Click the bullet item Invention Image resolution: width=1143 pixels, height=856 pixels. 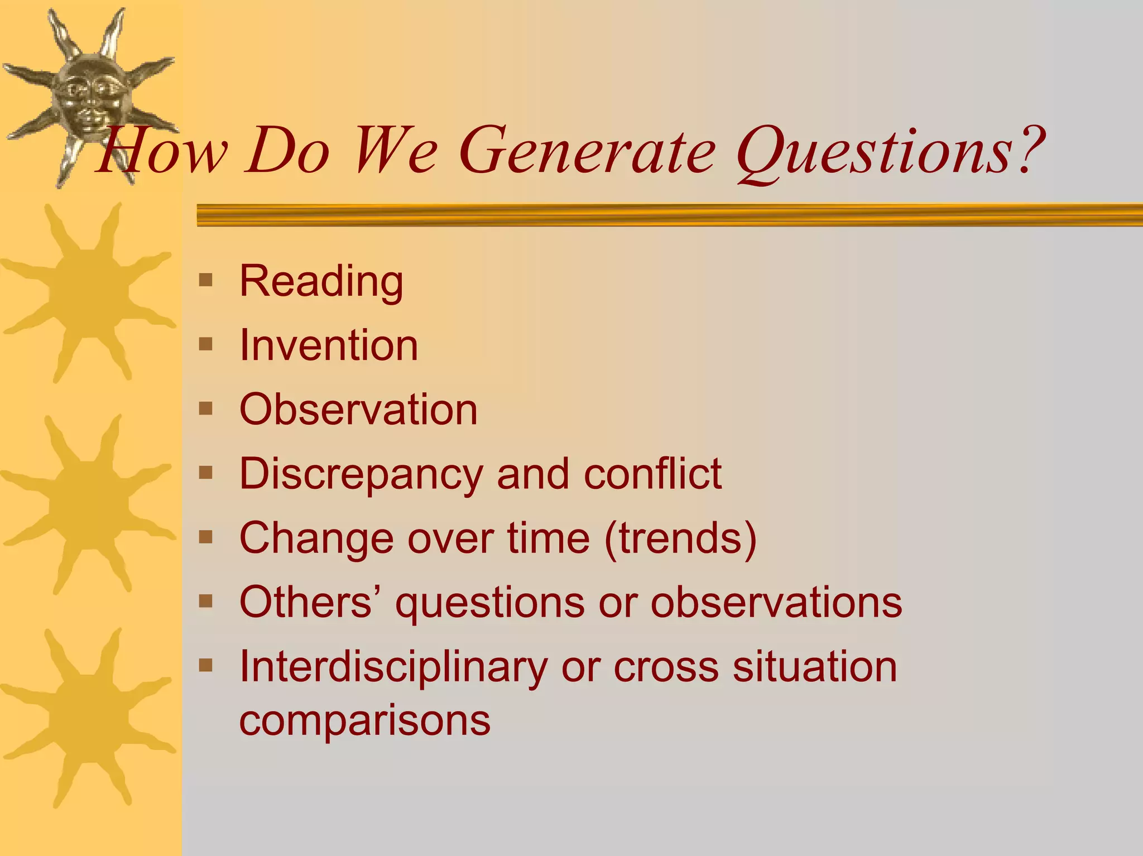click(x=328, y=345)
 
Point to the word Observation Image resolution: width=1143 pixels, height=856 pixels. click(x=358, y=410)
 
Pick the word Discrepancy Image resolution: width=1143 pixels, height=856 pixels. click(x=361, y=474)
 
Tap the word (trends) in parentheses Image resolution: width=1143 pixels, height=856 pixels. click(x=680, y=538)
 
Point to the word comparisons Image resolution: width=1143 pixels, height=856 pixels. click(x=364, y=721)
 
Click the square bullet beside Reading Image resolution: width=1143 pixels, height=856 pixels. click(x=206, y=280)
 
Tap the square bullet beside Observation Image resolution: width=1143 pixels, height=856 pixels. click(x=206, y=408)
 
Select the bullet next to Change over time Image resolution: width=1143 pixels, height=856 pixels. click(x=206, y=537)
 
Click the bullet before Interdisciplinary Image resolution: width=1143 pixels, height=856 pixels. click(x=206, y=665)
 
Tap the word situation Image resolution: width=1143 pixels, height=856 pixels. click(x=814, y=667)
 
